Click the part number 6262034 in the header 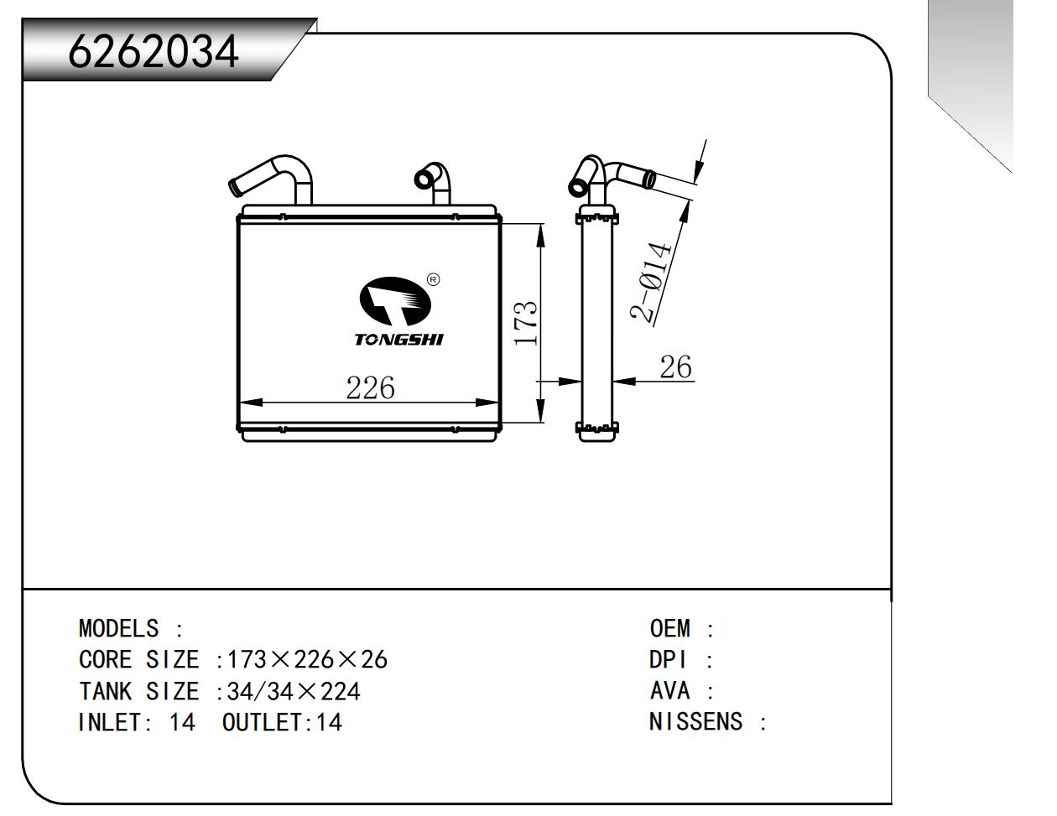(154, 52)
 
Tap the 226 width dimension (370, 387)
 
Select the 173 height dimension (526, 323)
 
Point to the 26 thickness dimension (675, 366)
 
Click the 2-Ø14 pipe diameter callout (652, 283)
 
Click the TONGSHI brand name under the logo (398, 340)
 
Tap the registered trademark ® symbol (433, 279)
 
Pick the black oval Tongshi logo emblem (394, 302)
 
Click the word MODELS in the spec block (118, 628)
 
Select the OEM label (669, 628)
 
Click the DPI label (668, 660)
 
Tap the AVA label (669, 691)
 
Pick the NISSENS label (695, 722)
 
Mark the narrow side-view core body (596, 323)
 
